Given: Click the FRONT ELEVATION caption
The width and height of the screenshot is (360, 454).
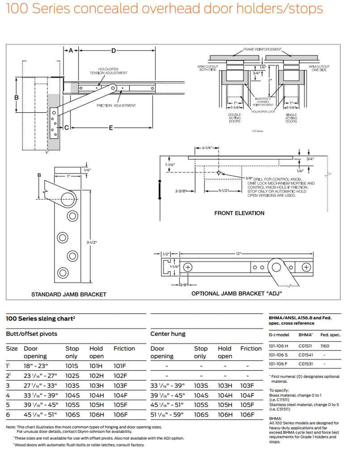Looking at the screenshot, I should click(x=239, y=213).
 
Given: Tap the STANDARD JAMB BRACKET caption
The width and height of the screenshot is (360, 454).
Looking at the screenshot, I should click(x=69, y=295).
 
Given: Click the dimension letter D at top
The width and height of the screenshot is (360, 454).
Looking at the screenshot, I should click(x=113, y=51).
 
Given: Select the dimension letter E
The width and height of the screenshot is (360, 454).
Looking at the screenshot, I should click(x=111, y=128).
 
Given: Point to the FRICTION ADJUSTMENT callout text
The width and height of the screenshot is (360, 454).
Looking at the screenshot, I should click(x=116, y=106).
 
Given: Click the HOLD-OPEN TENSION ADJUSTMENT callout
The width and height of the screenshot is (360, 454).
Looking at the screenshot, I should click(x=108, y=71).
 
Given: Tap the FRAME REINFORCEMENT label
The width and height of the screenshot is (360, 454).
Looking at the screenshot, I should click(x=262, y=49).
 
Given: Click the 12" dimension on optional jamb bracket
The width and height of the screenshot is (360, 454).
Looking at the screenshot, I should click(x=238, y=254).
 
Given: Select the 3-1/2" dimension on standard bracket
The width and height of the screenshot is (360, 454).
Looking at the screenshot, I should click(x=91, y=242).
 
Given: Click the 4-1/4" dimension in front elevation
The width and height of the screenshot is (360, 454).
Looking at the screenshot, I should click(x=207, y=148).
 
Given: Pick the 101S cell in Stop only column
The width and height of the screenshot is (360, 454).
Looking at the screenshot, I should click(x=72, y=366).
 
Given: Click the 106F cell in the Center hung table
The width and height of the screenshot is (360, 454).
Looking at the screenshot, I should click(x=247, y=415).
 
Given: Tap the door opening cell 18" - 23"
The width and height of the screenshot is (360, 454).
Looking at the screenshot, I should click(x=36, y=366).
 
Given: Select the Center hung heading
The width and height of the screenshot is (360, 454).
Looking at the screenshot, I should click(x=168, y=334).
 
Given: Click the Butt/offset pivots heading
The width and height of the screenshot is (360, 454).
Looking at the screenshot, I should click(x=31, y=334).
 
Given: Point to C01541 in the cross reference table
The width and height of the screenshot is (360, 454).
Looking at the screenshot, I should click(x=305, y=355).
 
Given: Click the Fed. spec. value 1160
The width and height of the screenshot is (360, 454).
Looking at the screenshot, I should click(x=325, y=346).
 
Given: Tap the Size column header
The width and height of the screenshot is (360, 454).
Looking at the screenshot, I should click(x=12, y=349).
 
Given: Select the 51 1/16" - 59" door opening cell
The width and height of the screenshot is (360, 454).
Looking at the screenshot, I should click(x=167, y=415).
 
